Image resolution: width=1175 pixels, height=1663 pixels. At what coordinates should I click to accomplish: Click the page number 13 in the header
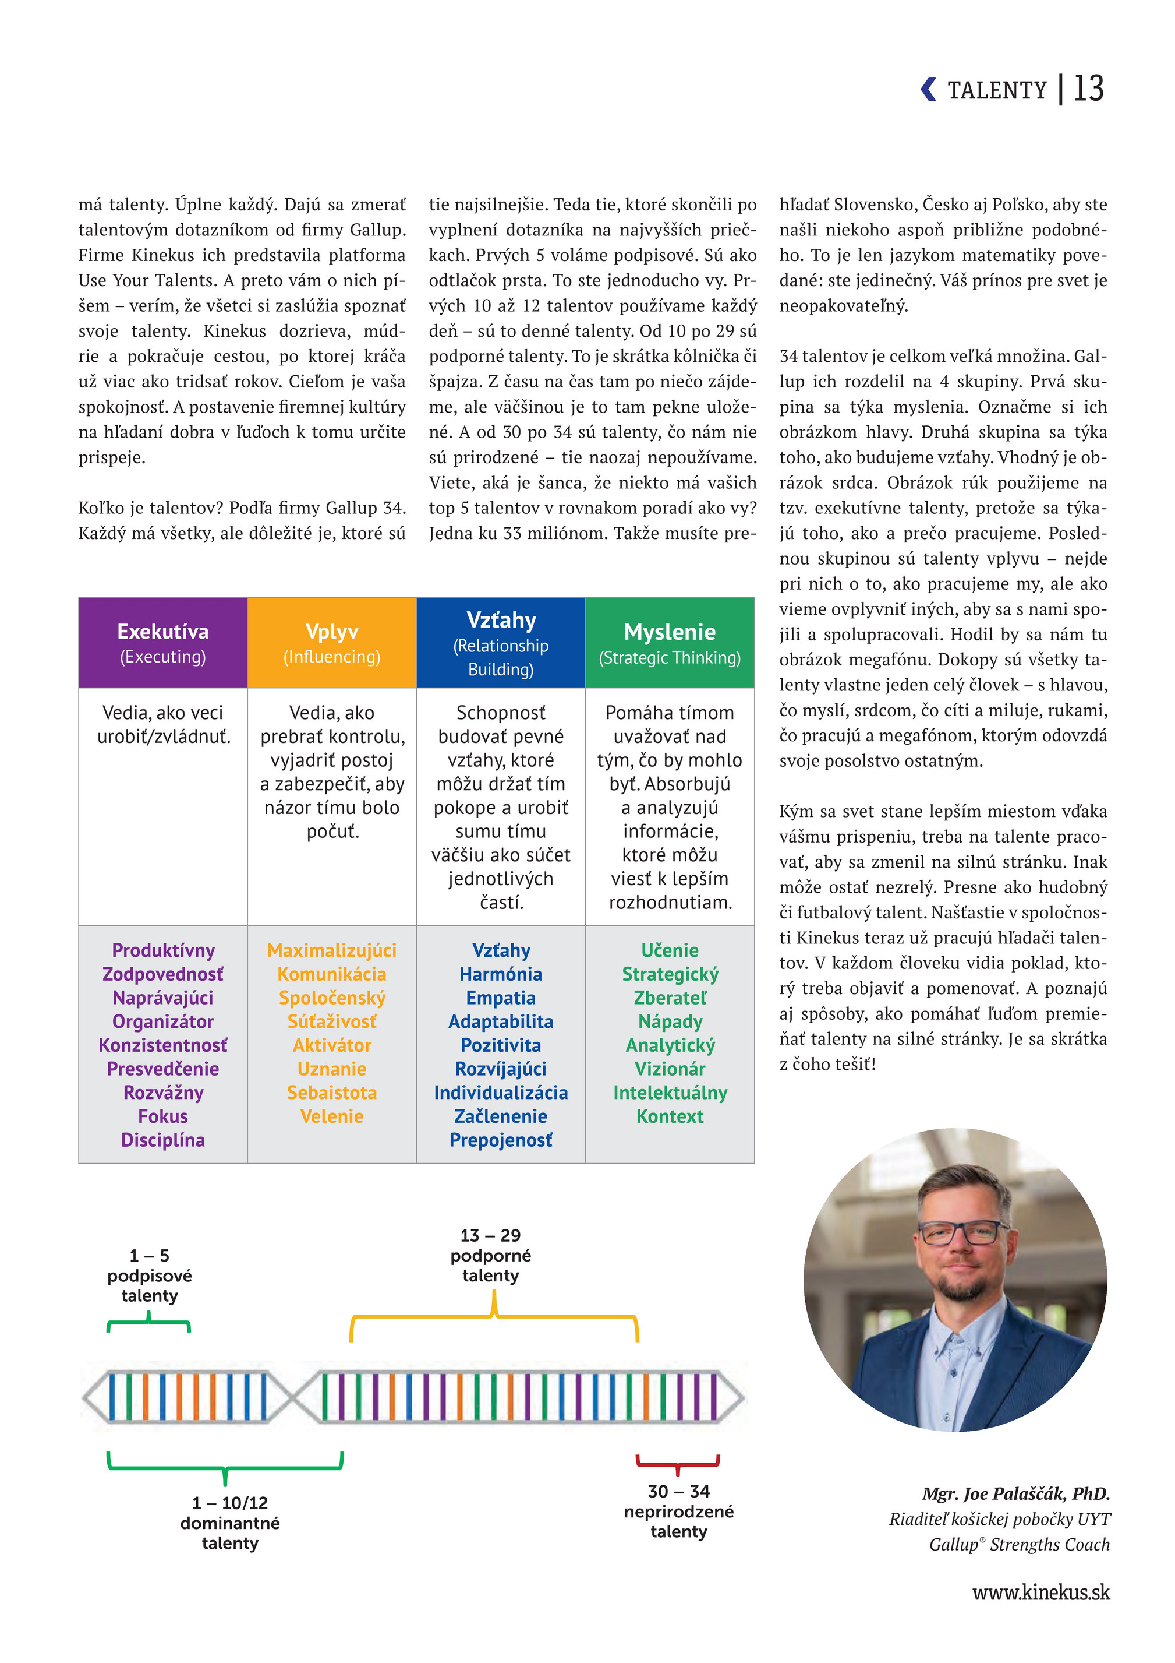(1088, 89)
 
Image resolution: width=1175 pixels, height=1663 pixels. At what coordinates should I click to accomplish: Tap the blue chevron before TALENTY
(928, 89)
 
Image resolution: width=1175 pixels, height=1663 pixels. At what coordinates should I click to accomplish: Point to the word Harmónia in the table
(500, 974)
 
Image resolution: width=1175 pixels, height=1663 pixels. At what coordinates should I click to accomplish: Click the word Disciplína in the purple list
(163, 1140)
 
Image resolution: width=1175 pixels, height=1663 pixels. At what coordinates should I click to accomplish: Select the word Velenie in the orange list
(331, 1116)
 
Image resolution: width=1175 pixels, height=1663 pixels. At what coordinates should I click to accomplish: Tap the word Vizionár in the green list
(670, 1069)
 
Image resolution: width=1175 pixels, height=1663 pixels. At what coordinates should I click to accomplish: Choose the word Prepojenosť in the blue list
(500, 1140)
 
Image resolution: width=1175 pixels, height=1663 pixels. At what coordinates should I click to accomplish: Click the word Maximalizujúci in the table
(331, 950)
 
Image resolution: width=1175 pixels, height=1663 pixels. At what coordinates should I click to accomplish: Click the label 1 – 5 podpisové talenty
(149, 1276)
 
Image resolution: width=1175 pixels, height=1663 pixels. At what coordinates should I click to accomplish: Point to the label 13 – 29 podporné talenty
(490, 1255)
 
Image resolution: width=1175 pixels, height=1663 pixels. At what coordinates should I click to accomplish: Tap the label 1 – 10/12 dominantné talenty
(229, 1523)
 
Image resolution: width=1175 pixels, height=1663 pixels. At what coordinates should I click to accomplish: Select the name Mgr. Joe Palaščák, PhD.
(1015, 1493)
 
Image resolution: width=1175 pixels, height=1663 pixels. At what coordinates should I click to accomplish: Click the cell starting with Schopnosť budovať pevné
(500, 807)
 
